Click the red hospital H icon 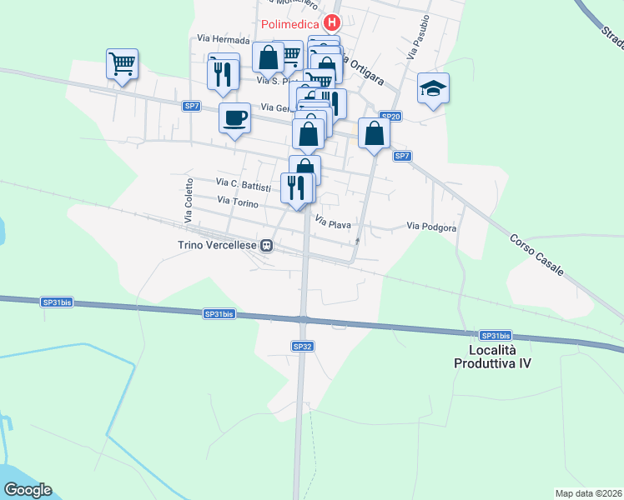(x=333, y=23)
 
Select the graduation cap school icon (x=434, y=87)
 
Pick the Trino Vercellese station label (x=218, y=245)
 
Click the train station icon (x=267, y=245)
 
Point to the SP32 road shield (x=302, y=345)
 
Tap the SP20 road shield (x=390, y=117)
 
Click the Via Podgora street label (x=431, y=227)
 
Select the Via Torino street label (x=238, y=201)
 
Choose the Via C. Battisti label (x=244, y=182)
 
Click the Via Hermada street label (x=224, y=39)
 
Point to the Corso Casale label (x=537, y=255)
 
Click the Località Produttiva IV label (x=492, y=357)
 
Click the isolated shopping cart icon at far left (x=122, y=63)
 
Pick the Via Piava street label (x=333, y=222)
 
